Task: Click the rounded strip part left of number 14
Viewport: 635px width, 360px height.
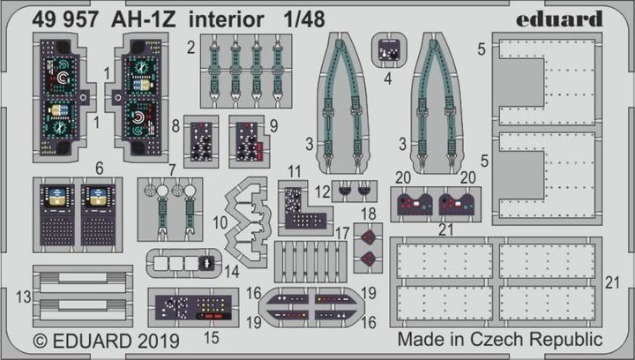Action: pos(182,262)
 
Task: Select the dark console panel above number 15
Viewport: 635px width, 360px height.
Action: pos(193,306)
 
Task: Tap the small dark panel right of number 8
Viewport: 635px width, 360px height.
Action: pos(204,139)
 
